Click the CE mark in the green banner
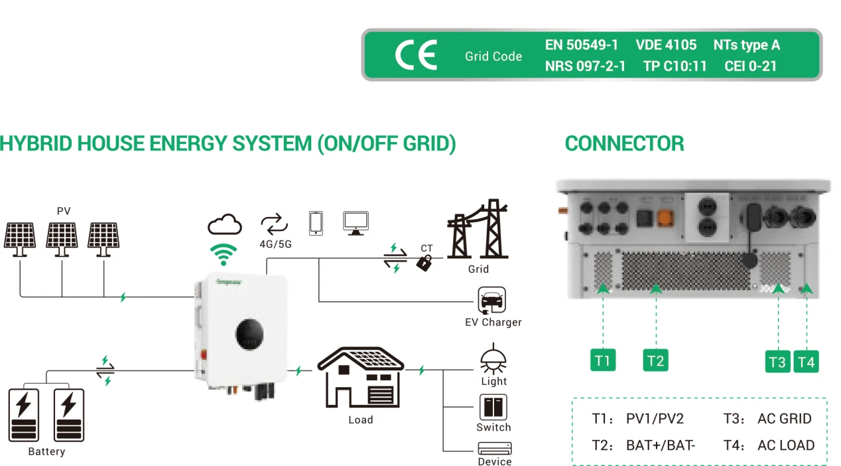[416, 55]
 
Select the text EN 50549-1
[581, 45]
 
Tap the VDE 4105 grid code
[666, 45]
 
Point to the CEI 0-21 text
[750, 66]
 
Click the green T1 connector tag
[603, 360]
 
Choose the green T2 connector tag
[655, 360]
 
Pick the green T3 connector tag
[777, 362]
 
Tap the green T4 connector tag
[806, 362]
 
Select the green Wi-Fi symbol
[224, 254]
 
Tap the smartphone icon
[316, 223]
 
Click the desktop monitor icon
[356, 223]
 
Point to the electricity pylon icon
[478, 229]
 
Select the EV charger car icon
[492, 300]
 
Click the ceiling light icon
[493, 359]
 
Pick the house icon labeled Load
[361, 377]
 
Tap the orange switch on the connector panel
[665, 218]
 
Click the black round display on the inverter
[249, 334]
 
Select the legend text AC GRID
[785, 419]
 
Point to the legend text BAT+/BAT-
[661, 445]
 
